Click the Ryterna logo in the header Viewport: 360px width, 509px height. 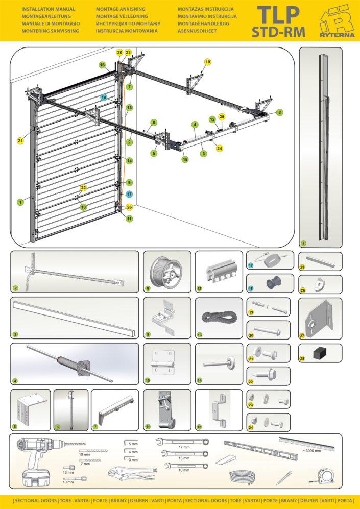(x=336, y=21)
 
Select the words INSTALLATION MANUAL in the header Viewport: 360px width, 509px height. (x=49, y=9)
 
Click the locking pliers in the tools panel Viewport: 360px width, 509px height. (x=131, y=474)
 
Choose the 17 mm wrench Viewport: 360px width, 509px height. (x=182, y=442)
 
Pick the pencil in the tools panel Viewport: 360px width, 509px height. (x=283, y=478)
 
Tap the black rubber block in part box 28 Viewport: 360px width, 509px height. (x=320, y=352)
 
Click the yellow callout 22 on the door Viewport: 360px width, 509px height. (x=83, y=188)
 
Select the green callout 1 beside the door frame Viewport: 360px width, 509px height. (x=20, y=202)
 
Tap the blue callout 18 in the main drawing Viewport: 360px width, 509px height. (x=104, y=97)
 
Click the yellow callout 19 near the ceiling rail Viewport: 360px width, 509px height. (x=207, y=61)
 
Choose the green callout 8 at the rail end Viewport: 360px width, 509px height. (x=279, y=112)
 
